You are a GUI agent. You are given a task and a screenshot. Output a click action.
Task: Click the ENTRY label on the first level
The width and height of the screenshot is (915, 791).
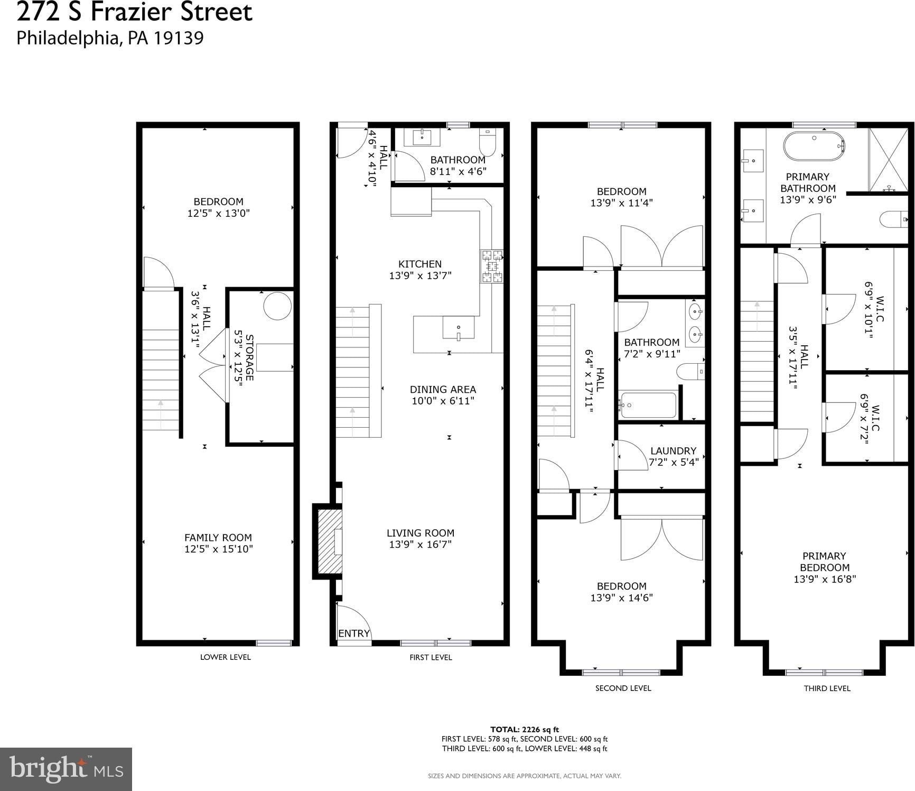click(354, 633)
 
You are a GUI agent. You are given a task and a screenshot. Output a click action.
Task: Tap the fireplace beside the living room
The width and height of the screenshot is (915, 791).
click(328, 541)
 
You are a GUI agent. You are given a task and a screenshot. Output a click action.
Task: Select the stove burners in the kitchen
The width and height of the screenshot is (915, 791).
click(491, 266)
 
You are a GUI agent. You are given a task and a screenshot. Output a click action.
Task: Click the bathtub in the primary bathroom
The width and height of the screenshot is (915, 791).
click(814, 146)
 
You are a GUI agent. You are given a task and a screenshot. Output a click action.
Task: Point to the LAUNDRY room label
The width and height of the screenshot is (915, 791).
click(673, 451)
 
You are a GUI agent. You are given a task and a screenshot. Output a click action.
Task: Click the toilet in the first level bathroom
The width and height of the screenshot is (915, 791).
click(488, 142)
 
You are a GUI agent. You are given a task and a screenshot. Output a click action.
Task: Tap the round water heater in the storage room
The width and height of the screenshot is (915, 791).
click(277, 306)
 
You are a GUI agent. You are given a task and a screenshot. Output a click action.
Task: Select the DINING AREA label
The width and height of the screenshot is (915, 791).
click(443, 390)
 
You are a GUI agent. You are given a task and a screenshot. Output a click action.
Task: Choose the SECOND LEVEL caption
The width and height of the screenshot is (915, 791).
click(623, 688)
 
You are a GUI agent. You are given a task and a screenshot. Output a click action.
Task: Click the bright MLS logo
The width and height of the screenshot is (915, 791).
click(66, 769)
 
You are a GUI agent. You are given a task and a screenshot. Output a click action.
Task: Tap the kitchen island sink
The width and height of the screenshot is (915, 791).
click(459, 328)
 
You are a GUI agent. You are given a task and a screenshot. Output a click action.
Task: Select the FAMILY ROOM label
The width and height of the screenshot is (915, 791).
click(218, 538)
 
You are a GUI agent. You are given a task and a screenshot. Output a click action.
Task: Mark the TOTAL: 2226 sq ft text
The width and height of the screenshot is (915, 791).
click(525, 730)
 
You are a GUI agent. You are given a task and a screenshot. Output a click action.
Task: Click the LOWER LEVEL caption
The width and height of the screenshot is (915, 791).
click(225, 657)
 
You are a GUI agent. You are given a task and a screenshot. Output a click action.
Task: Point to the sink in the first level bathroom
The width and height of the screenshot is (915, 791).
click(422, 137)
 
